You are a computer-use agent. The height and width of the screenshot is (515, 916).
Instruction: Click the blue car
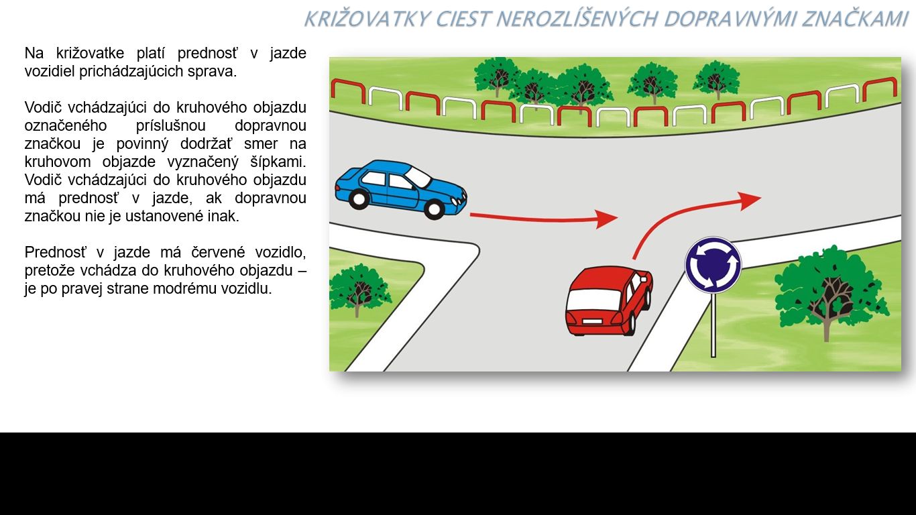[x=401, y=189]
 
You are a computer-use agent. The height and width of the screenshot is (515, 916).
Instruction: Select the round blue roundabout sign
[x=713, y=265]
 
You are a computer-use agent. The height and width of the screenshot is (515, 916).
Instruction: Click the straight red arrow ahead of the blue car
[x=544, y=219]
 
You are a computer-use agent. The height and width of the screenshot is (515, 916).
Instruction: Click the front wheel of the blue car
[x=435, y=209]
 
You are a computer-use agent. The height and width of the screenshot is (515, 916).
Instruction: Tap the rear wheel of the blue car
[x=359, y=199]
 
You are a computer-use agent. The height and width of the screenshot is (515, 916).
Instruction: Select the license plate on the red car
[x=591, y=321]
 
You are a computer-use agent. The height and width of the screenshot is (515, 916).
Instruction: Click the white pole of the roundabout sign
[x=713, y=325]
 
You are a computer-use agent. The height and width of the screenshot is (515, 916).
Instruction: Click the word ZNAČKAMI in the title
[x=855, y=19]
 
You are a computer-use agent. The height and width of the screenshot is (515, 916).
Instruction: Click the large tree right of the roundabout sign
[x=830, y=292]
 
